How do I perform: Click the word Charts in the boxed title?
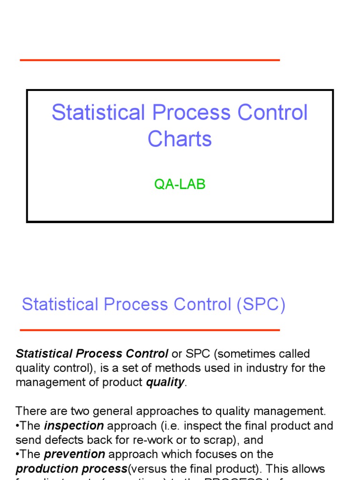click(x=180, y=139)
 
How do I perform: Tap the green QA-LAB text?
click(x=180, y=185)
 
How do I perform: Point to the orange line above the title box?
click(x=150, y=60)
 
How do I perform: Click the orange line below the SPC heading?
click(x=150, y=330)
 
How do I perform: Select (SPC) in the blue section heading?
click(x=261, y=305)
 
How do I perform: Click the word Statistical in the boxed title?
click(x=98, y=113)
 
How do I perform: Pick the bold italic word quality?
click(x=165, y=382)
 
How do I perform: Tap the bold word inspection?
click(x=74, y=426)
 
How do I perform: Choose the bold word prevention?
click(x=75, y=454)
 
